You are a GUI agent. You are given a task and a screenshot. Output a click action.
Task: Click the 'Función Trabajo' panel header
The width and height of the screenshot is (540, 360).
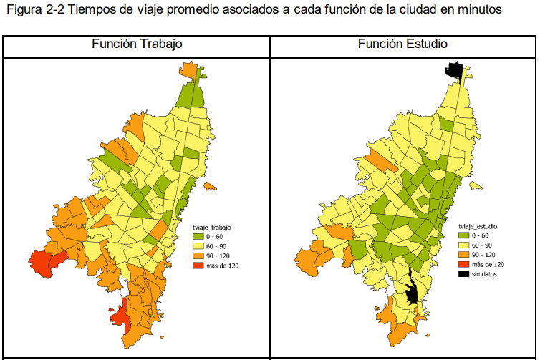tap(137, 44)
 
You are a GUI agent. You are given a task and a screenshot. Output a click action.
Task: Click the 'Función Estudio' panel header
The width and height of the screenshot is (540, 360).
tap(402, 44)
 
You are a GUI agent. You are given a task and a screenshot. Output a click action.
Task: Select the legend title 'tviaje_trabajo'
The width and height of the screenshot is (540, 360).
tap(216, 226)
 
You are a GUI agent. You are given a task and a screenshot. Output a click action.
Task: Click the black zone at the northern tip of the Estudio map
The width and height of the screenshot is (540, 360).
tap(453, 69)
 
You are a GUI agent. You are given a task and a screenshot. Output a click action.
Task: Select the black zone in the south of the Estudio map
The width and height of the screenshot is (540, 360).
tap(411, 291)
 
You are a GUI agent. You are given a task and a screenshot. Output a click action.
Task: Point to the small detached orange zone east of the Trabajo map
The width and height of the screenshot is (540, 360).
tap(210, 187)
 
